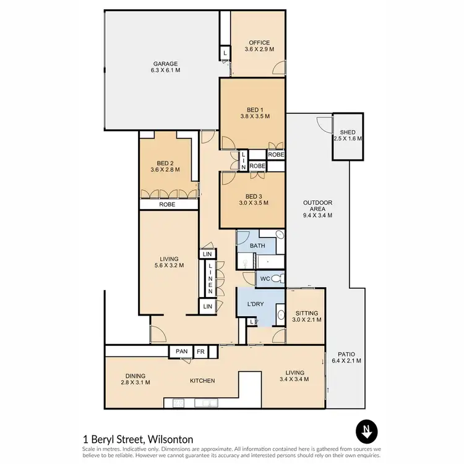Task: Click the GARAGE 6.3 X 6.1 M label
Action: (165, 67)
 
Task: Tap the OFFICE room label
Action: (259, 46)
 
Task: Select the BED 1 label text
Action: (254, 113)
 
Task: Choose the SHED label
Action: (347, 135)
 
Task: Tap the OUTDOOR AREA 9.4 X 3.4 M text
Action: (318, 208)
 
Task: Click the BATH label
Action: (257, 246)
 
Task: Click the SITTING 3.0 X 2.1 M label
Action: (306, 317)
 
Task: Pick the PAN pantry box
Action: (181, 351)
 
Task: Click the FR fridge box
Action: (200, 351)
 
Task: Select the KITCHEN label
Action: (202, 380)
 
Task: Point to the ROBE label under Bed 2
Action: (167, 204)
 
